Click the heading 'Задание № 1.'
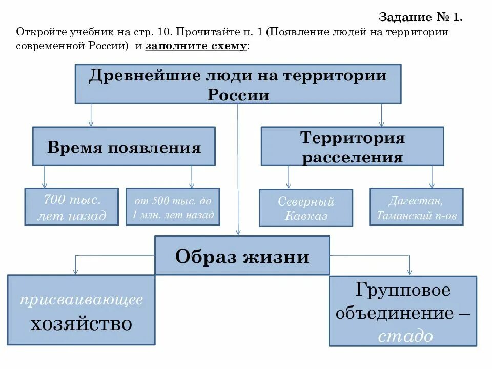point(420,17)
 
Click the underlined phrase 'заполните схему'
point(197,46)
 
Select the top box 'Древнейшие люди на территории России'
point(238,84)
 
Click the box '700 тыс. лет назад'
point(72,207)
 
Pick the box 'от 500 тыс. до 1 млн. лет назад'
point(173,207)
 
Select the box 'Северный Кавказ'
point(306,208)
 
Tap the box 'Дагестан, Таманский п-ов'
point(416,207)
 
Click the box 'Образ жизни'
point(242,255)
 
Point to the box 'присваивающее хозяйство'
point(81,310)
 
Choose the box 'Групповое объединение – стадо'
point(402,311)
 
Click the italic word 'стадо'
point(405,336)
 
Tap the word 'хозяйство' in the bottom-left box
point(81,323)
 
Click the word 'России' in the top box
point(238,95)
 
